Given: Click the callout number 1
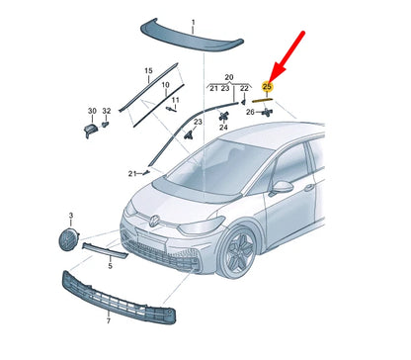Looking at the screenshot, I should coord(193,21).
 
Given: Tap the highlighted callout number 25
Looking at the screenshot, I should coord(267,87).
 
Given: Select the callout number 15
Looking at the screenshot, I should coord(148,71).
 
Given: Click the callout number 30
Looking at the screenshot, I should coord(91,111).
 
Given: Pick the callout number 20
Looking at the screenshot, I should coord(229,76).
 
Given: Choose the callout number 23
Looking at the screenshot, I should coord(199,122).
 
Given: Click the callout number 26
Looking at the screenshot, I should coord(250,112).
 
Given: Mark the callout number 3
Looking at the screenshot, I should coord(70,215).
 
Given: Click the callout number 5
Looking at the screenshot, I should coord(110,265).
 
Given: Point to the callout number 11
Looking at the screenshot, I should coord(175,100).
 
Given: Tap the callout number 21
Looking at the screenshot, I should coord(130,174).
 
